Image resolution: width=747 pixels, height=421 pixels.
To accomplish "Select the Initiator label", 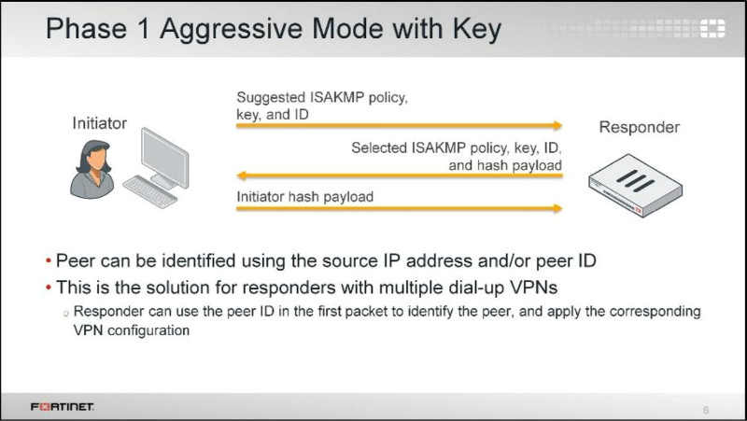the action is [99, 122].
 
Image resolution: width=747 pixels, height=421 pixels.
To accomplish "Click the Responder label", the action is [639, 127].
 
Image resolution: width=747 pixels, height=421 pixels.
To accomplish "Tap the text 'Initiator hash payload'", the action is [304, 196].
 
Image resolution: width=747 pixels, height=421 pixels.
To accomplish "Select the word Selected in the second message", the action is [379, 147].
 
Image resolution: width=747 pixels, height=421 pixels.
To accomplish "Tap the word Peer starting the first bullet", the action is [74, 260].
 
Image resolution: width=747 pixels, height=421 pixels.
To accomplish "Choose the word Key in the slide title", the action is [475, 29].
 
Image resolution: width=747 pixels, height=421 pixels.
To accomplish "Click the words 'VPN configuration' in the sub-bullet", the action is [131, 330].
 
